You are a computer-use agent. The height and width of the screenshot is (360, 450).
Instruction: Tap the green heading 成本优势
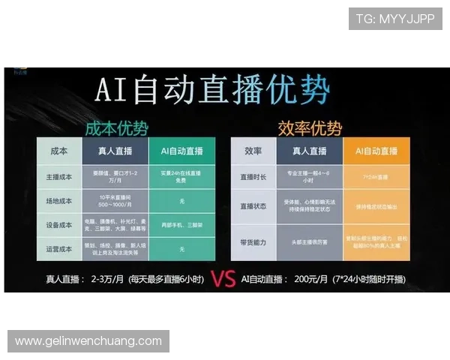pos(115,127)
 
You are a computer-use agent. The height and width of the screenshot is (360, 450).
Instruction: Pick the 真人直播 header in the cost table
pos(117,150)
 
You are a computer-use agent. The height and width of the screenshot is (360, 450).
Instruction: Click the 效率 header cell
pos(253,150)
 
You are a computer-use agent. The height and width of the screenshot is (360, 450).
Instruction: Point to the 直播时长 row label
pos(253,178)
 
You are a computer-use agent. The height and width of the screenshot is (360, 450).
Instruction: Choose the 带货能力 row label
pos(253,243)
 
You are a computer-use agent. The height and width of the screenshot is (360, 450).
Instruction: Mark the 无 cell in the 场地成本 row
pos(182,201)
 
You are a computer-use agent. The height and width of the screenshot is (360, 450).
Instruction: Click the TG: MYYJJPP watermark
pos(394,19)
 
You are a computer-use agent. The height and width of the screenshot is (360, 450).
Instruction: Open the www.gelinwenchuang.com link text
pos(88,341)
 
